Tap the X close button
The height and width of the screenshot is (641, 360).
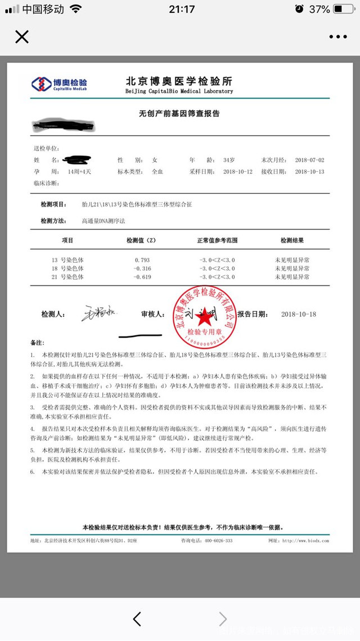pyautogui.click(x=22, y=37)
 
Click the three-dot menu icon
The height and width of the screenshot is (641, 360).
pyautogui.click(x=338, y=37)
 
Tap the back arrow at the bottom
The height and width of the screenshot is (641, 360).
pyautogui.click(x=137, y=619)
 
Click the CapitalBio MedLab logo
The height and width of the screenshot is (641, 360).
pyautogui.click(x=60, y=84)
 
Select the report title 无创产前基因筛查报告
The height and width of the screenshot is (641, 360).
pyautogui.click(x=179, y=114)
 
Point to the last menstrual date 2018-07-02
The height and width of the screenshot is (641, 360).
pyautogui.click(x=309, y=160)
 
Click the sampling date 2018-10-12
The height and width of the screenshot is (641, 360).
pyautogui.click(x=238, y=172)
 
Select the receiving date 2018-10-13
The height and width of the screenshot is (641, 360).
pyautogui.click(x=309, y=172)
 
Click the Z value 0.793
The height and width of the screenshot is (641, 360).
pyautogui.click(x=142, y=260)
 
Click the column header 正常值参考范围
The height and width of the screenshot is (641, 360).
pyautogui.click(x=217, y=240)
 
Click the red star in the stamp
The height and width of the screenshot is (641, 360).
pyautogui.click(x=205, y=317)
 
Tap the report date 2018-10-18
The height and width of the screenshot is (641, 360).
pyautogui.click(x=299, y=314)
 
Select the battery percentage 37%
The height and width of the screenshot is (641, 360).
pyautogui.click(x=319, y=10)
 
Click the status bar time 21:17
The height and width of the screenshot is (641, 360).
pyautogui.click(x=181, y=10)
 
